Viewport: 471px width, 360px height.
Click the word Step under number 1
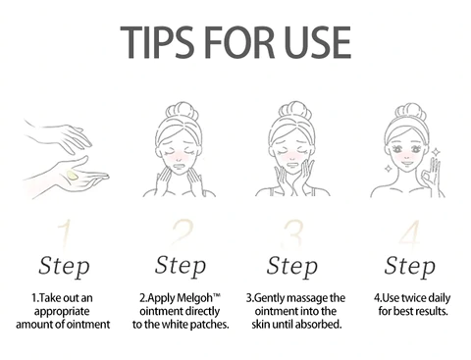point(65,266)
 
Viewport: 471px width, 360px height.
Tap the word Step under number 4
point(409,266)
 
